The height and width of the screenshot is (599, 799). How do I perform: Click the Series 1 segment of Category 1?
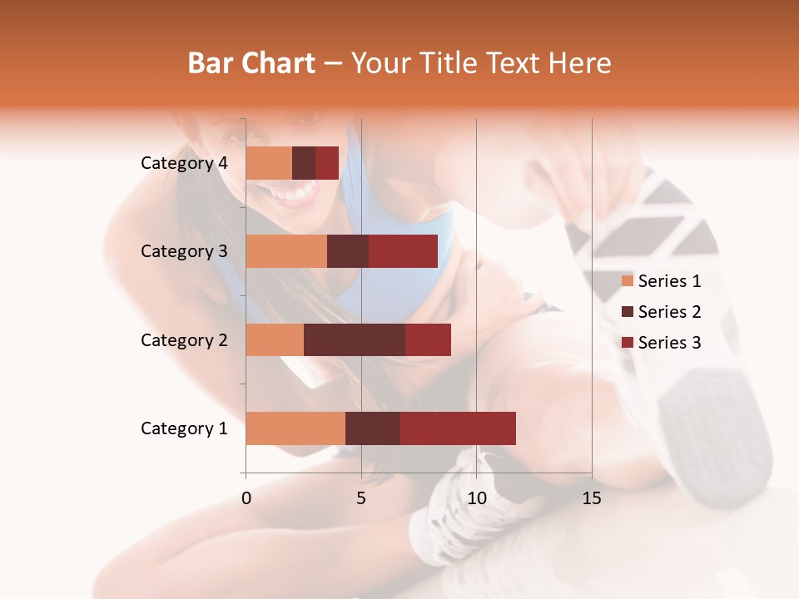point(295,428)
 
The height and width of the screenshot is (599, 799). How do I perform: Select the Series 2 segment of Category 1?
point(373,428)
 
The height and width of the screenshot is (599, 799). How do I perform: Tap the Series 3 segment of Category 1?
point(458,428)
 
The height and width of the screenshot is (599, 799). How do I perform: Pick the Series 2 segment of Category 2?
point(355,339)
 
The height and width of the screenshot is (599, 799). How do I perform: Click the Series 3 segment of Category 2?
point(428,339)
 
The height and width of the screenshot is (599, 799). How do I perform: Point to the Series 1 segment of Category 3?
point(286,251)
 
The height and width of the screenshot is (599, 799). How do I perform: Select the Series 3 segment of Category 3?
point(403,251)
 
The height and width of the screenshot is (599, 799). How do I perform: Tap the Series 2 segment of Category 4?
point(304,163)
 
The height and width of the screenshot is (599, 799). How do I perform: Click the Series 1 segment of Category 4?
point(269,163)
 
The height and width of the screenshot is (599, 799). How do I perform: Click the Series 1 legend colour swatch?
point(627,281)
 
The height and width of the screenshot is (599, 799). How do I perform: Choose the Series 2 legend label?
point(669,312)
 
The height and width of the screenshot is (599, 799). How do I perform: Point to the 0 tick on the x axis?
point(246,498)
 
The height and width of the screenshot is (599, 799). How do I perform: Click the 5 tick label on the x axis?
point(361,498)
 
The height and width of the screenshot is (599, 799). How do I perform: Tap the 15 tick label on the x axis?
point(591,498)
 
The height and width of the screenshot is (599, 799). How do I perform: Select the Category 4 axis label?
point(184,163)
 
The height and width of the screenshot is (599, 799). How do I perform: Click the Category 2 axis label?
point(184,339)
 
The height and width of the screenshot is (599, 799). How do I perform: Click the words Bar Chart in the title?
point(251,63)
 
